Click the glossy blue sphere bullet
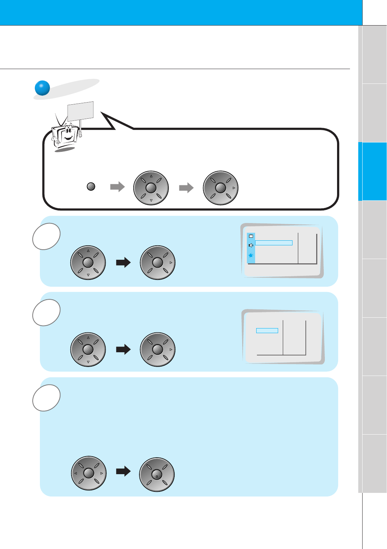pyautogui.click(x=42, y=88)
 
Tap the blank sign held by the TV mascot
pyautogui.click(x=80, y=111)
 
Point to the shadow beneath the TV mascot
pyautogui.click(x=65, y=149)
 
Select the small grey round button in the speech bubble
pyautogui.click(x=91, y=187)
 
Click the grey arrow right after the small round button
pyautogui.click(x=117, y=187)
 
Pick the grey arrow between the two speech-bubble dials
pyautogui.click(x=186, y=187)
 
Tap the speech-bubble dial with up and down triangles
pyautogui.click(x=151, y=188)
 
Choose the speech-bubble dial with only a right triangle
pyautogui.click(x=221, y=188)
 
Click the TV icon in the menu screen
pyautogui.click(x=251, y=236)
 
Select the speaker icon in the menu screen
pyautogui.click(x=251, y=245)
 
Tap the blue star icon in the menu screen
pyautogui.click(x=251, y=255)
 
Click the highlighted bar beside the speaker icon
pyautogui.click(x=274, y=243)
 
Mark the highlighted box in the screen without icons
pyautogui.click(x=267, y=331)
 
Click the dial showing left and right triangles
pyautogui.click(x=89, y=473)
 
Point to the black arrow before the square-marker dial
pyautogui.click(x=123, y=471)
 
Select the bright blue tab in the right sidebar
pyautogui.click(x=372, y=171)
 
